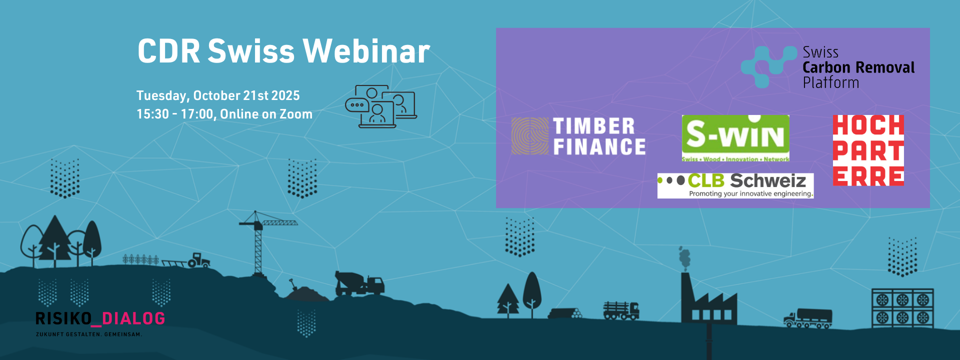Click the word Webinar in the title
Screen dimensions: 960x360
(366, 51)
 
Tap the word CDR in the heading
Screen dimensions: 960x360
(169, 51)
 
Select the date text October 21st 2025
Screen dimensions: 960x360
(246, 95)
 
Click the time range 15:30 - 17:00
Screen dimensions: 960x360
(175, 114)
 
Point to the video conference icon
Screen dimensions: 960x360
(381, 106)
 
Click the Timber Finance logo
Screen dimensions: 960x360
(578, 136)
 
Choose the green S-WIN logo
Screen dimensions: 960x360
(735, 138)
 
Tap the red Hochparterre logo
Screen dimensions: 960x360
(868, 150)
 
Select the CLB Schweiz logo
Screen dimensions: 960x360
(735, 185)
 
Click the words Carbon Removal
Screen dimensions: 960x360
(858, 67)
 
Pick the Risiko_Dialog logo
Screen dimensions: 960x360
(100, 323)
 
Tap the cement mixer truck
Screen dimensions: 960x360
(359, 283)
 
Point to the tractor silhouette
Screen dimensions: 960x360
(199, 260)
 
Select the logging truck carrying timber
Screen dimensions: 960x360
(621, 310)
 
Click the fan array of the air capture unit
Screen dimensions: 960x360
(902, 307)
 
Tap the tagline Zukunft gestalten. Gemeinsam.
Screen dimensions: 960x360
(89, 334)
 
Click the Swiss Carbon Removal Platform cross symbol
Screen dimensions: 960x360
(769, 67)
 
